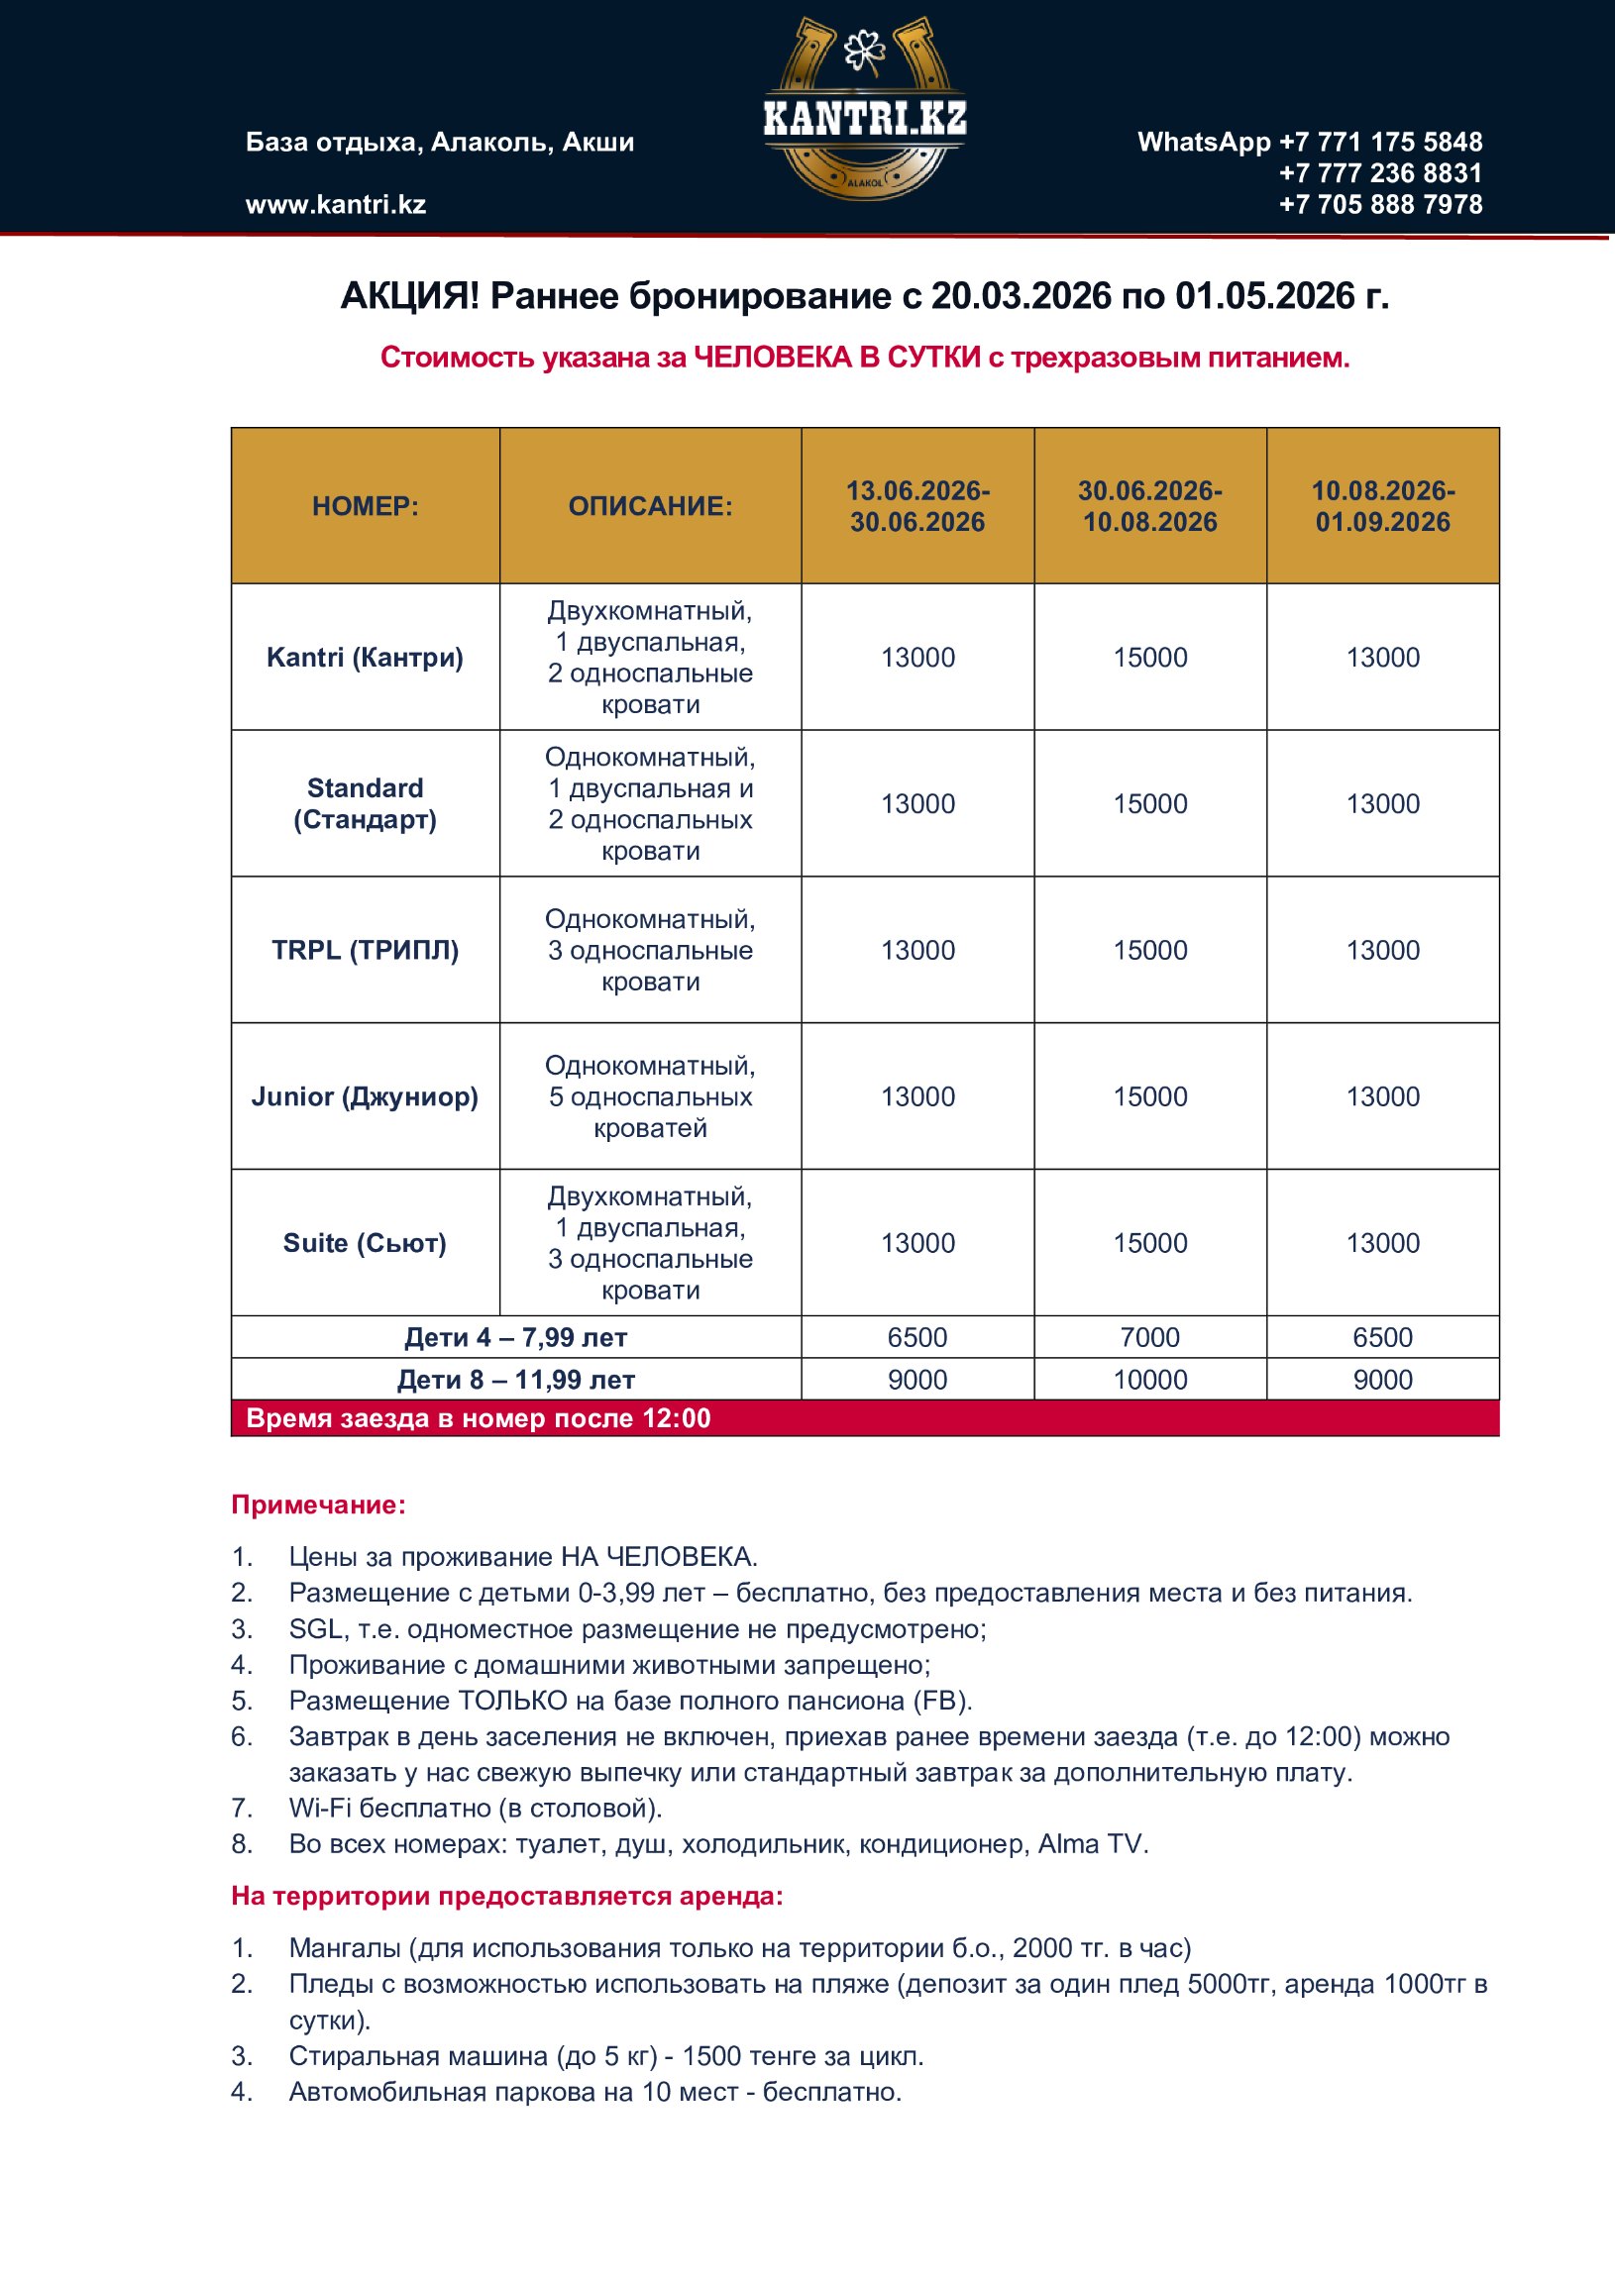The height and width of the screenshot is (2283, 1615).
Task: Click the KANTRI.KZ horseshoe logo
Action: [864, 109]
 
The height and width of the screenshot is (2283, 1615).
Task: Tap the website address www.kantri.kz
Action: [335, 205]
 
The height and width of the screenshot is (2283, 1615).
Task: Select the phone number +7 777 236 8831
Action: [1380, 173]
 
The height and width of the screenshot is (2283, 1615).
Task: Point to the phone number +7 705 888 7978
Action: [1380, 205]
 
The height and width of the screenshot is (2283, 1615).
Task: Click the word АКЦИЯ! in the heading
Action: [410, 296]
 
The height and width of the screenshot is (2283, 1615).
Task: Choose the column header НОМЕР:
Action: [365, 506]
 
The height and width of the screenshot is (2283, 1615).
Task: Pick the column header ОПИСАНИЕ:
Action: [650, 506]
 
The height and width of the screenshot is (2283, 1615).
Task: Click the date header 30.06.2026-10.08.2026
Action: [1149, 506]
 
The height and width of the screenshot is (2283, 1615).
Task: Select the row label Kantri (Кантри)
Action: [365, 658]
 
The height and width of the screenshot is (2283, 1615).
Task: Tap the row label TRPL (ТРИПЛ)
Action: [365, 950]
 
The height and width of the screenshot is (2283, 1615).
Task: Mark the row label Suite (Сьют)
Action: [365, 1243]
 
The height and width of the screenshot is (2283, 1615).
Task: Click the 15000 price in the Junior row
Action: [1149, 1096]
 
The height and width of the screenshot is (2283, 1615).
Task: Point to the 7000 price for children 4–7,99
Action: [1149, 1337]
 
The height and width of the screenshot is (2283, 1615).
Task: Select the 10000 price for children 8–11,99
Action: [1149, 1380]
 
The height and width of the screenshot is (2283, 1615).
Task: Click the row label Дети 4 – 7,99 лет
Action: [515, 1337]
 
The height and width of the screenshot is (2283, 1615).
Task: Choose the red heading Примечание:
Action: [318, 1505]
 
